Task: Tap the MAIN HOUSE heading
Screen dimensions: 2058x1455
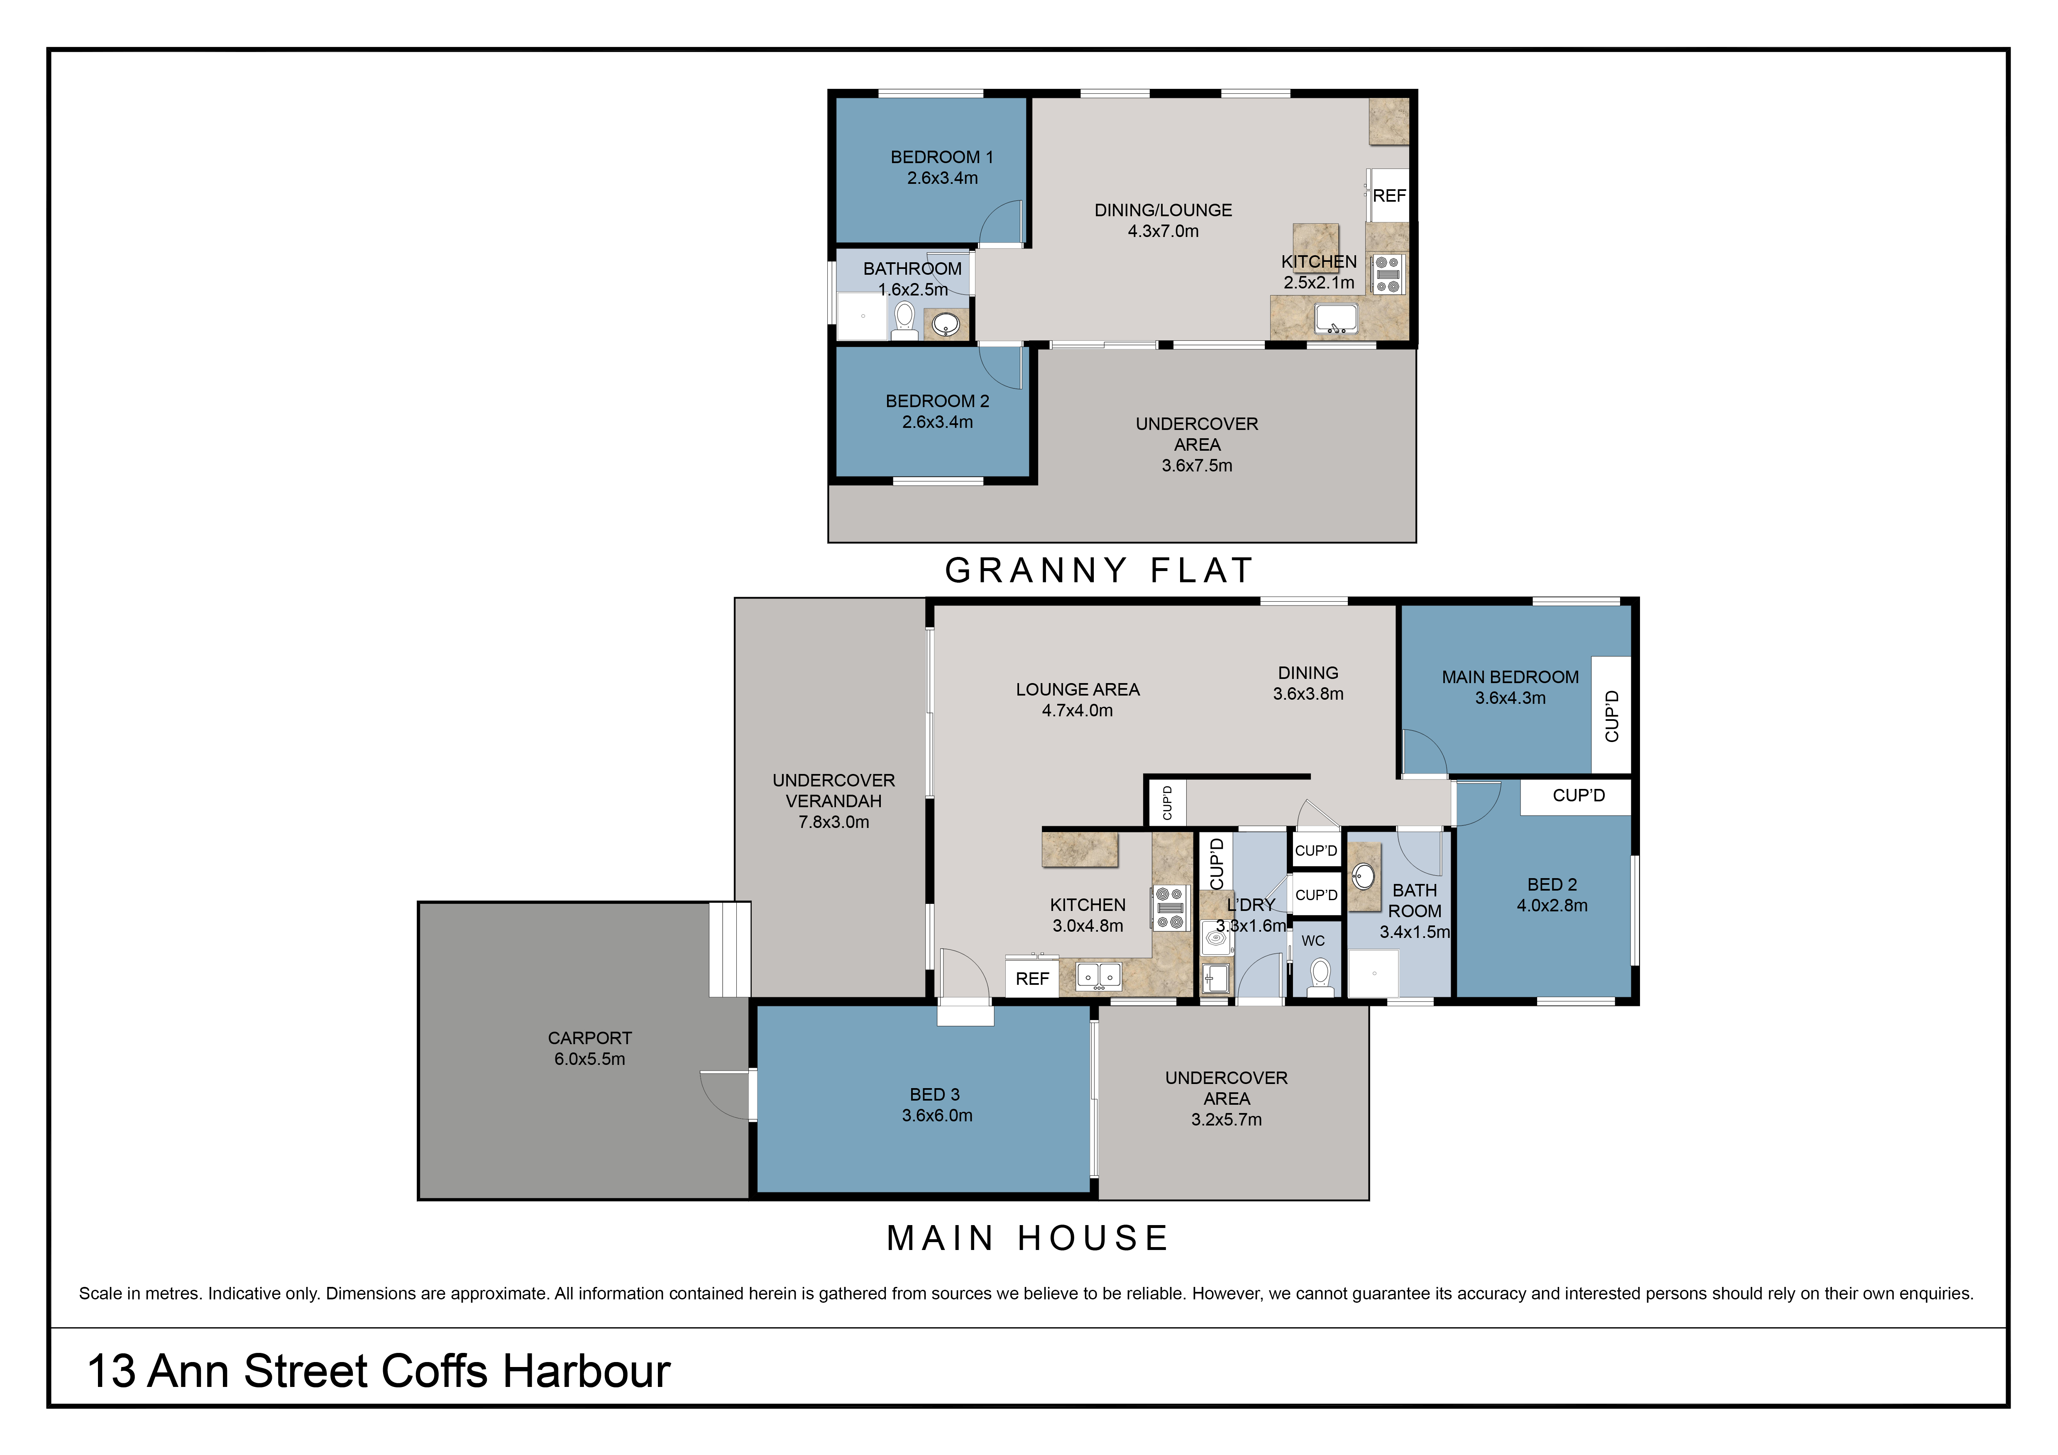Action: (1028, 1238)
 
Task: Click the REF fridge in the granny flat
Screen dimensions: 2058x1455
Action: (1388, 195)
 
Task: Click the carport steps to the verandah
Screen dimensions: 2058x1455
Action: (730, 949)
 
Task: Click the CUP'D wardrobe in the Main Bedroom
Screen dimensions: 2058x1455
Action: (1611, 715)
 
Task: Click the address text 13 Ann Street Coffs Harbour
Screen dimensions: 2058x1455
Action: (378, 1371)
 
